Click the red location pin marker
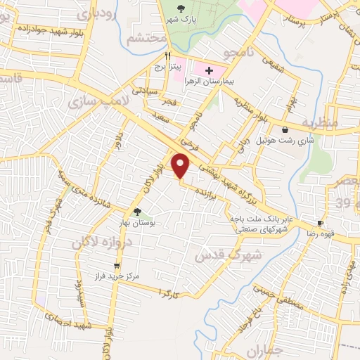pyautogui.click(x=181, y=165)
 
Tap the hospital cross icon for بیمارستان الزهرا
pyautogui.click(x=208, y=70)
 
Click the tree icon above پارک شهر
pyautogui.click(x=181, y=9)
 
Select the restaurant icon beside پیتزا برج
pyautogui.click(x=167, y=56)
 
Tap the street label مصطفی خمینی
pyautogui.click(x=262, y=295)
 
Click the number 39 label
pyautogui.click(x=342, y=204)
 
